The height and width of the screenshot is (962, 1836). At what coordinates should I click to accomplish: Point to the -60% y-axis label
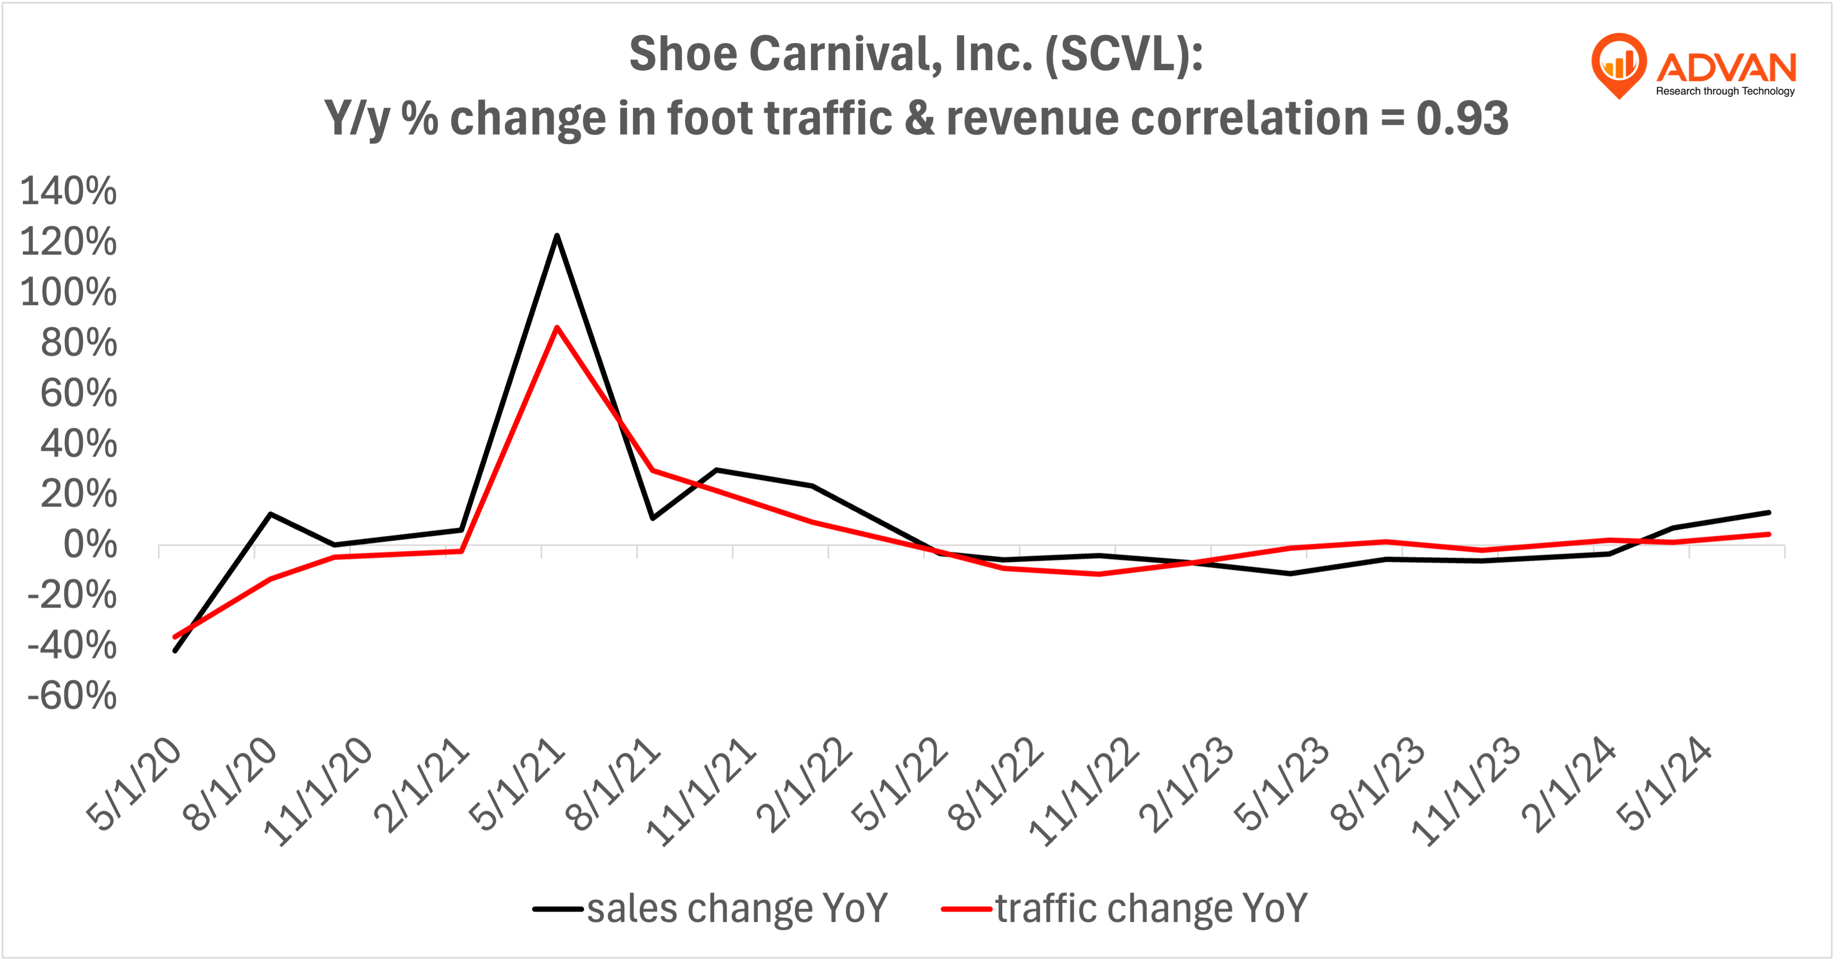click(x=72, y=696)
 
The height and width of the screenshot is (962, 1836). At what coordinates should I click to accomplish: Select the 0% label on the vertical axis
click(x=90, y=545)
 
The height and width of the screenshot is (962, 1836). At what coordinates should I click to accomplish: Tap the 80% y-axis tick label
click(x=79, y=343)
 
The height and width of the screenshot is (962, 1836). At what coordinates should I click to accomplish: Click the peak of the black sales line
click(x=556, y=236)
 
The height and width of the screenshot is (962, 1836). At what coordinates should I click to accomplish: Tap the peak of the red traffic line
click(x=556, y=328)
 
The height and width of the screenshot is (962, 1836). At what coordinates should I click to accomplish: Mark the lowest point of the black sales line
click(x=175, y=650)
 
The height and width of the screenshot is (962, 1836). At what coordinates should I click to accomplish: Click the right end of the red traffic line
click(x=1769, y=534)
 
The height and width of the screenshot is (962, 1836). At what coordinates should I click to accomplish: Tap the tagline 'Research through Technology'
click(x=1725, y=91)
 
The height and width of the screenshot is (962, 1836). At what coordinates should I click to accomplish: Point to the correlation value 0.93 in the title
click(x=1462, y=119)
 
